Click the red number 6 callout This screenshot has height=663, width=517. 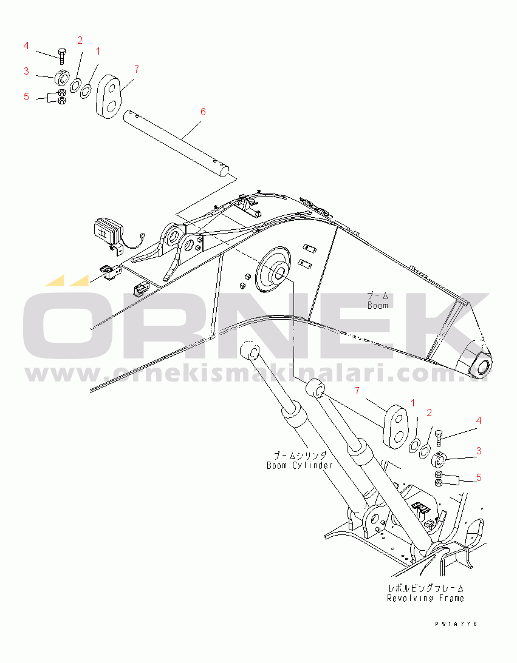tap(203, 112)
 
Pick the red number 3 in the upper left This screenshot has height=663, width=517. tap(26, 71)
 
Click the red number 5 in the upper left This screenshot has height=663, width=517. tap(26, 97)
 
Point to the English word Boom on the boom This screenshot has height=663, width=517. tap(378, 305)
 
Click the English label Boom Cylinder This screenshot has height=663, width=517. tap(300, 465)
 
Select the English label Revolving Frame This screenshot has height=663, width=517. tap(425, 598)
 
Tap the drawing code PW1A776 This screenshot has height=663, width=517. tap(456, 624)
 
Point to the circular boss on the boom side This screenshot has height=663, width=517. tap(274, 270)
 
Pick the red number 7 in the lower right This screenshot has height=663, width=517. tap(357, 391)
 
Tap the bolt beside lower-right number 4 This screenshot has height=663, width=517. tap(438, 438)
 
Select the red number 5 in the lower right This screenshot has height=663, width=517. tap(479, 477)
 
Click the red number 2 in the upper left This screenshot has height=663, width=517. tap(80, 40)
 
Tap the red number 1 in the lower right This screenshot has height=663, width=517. tap(413, 403)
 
